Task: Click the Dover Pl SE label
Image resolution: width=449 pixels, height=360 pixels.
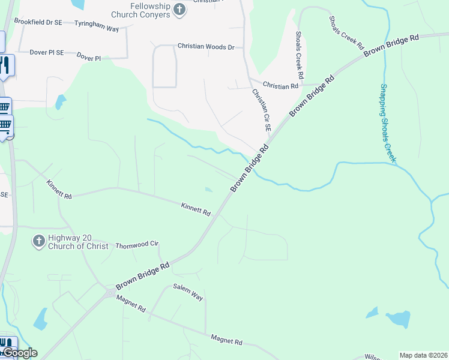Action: click(47, 53)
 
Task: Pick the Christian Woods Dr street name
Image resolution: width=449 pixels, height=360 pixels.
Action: click(205, 46)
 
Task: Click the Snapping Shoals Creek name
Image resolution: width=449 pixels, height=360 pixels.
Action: click(388, 123)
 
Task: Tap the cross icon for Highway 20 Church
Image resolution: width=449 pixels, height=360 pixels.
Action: click(38, 241)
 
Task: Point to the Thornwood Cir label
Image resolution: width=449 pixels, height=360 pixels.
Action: click(136, 245)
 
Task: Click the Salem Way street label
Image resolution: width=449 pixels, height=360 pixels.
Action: click(188, 293)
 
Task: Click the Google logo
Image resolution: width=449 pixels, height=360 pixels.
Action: click(20, 353)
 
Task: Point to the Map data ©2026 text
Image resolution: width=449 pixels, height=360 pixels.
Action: click(423, 355)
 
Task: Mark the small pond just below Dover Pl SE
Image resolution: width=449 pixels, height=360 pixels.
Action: click(60, 102)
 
